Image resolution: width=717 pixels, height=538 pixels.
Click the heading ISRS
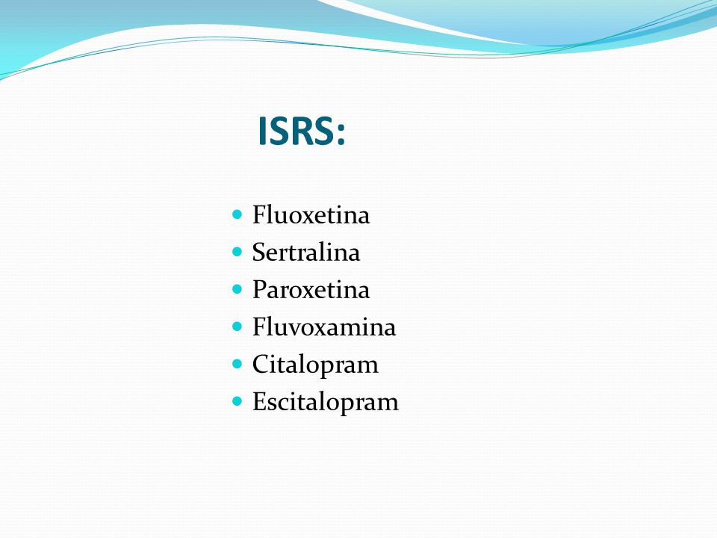[301, 131]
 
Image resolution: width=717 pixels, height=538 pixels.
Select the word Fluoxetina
[311, 214]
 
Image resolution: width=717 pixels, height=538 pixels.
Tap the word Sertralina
[306, 252]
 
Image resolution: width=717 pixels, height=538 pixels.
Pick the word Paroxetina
[311, 290]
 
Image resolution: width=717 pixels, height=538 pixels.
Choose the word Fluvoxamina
[323, 327]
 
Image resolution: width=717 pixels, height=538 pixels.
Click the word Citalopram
[315, 365]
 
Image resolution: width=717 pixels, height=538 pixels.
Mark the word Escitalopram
[326, 403]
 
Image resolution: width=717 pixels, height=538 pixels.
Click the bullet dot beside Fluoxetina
[237, 214]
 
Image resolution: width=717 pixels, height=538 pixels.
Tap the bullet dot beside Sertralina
[237, 252]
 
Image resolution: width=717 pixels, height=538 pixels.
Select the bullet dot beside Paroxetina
[237, 289]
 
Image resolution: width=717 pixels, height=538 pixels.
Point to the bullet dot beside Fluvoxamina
[237, 327]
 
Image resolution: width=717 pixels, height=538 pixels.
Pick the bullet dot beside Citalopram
[237, 364]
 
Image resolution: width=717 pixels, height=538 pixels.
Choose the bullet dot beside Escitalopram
[237, 401]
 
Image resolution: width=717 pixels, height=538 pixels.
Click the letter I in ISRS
[262, 131]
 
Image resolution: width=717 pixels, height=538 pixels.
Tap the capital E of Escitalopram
[259, 402]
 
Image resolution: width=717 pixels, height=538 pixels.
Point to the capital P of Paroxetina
[259, 289]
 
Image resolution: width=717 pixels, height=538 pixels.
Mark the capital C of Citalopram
[261, 364]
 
